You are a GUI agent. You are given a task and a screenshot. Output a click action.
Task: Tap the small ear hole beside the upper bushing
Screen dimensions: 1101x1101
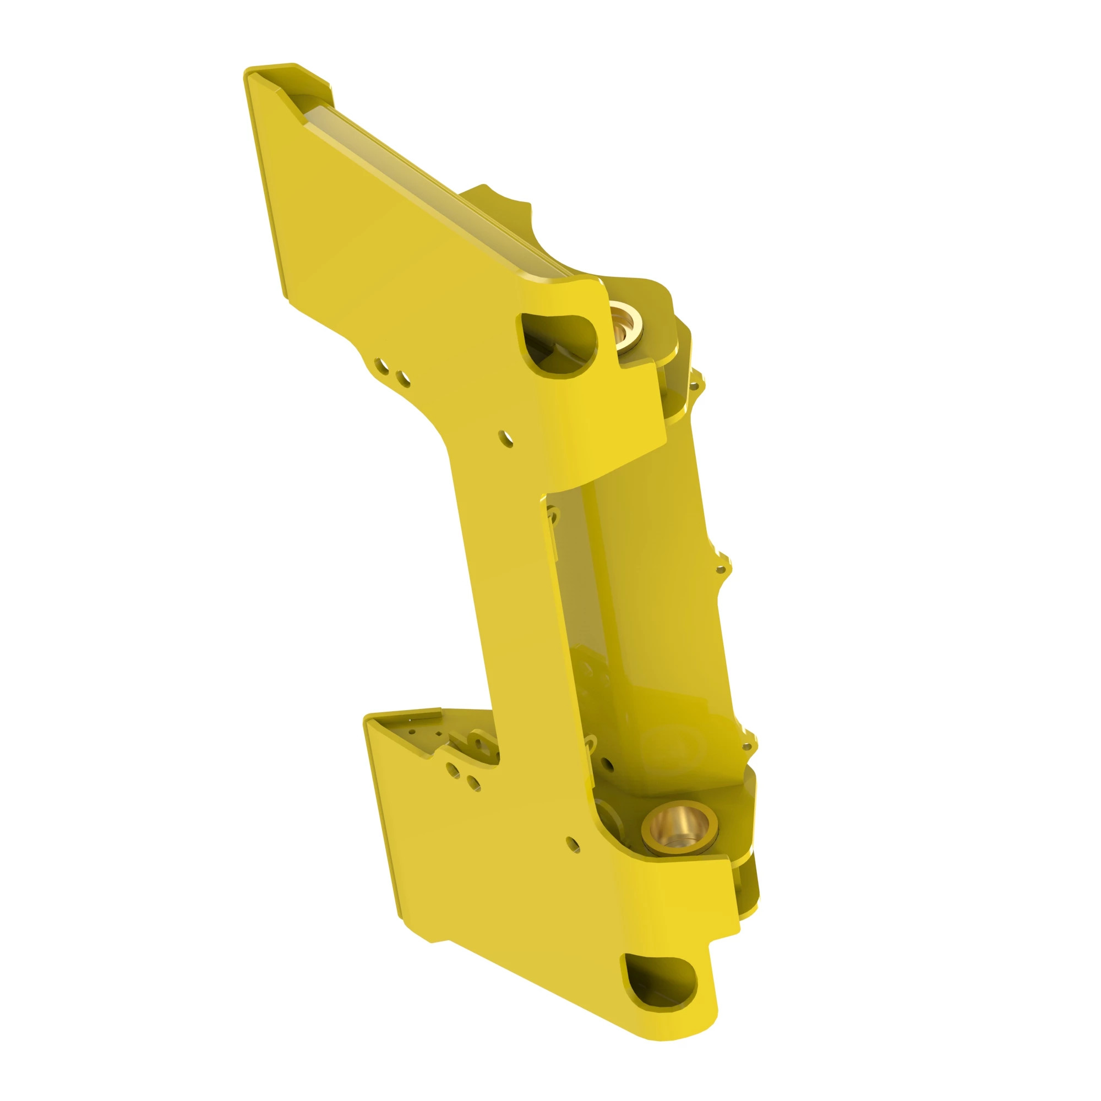point(694,386)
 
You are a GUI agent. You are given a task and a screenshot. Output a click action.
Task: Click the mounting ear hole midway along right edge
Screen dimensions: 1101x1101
point(721,569)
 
